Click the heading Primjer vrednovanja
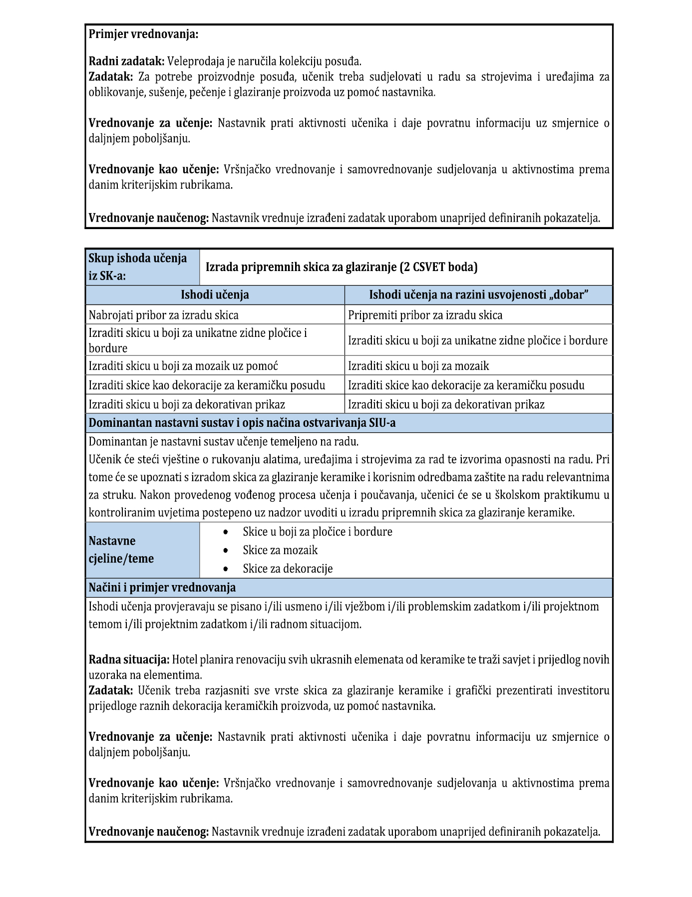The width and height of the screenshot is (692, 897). (143, 34)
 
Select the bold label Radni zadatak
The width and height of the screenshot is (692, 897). (126, 61)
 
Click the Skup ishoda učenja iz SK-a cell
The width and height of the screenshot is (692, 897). (142, 267)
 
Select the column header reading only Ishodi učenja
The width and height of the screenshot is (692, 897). (215, 295)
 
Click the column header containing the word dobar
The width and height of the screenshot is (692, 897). (478, 295)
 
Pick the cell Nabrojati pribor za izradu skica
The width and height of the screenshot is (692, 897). (164, 315)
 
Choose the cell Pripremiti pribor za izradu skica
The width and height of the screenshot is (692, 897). (425, 315)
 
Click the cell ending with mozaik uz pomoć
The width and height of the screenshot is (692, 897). (183, 366)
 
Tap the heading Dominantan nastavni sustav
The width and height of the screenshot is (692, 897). (242, 423)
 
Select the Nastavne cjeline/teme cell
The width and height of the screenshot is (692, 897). (121, 550)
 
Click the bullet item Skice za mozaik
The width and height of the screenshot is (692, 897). (280, 550)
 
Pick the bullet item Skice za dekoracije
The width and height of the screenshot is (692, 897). (288, 569)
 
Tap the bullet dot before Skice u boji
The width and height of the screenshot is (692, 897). (226, 532)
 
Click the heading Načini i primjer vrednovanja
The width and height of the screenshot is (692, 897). (162, 588)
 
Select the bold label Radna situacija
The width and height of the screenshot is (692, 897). (129, 660)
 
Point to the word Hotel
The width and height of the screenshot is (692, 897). (184, 660)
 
